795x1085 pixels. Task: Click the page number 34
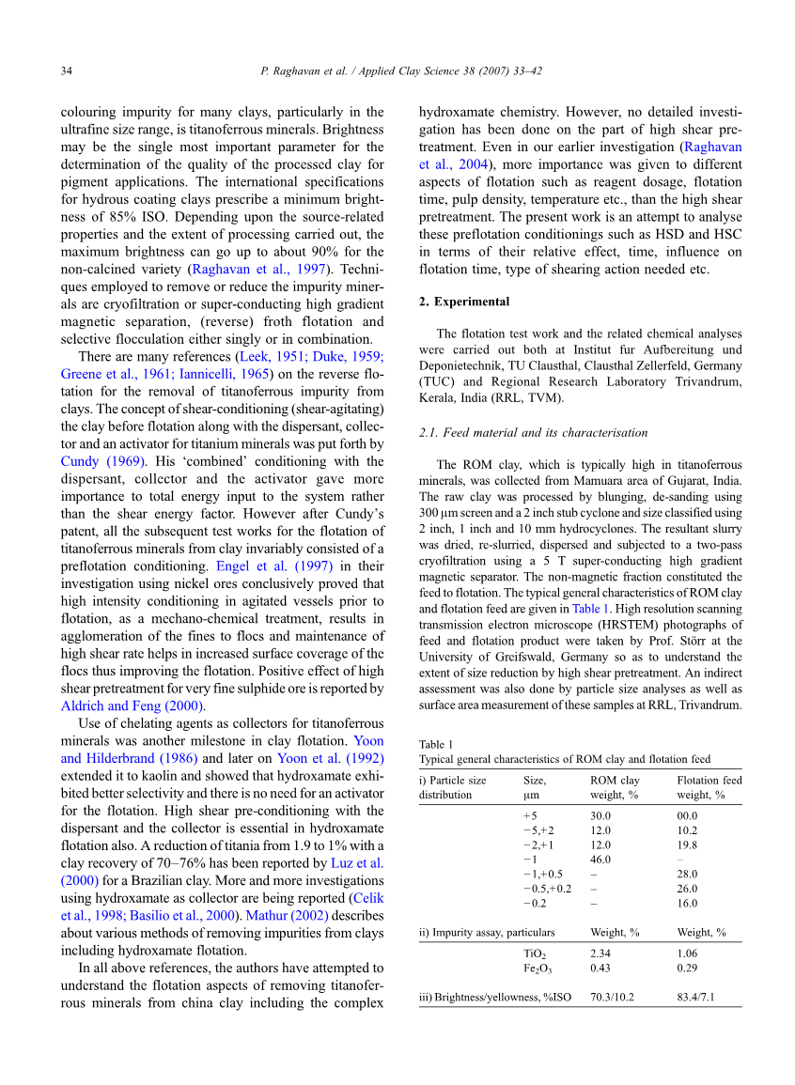[x=67, y=70]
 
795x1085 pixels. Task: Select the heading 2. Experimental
[x=464, y=302]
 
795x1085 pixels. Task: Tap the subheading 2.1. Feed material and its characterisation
[x=533, y=433]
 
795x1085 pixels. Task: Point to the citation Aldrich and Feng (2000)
[x=133, y=706]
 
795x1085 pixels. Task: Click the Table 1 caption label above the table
[x=436, y=744]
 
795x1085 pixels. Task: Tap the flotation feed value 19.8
[x=687, y=845]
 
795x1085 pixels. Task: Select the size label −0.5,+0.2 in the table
[x=547, y=888]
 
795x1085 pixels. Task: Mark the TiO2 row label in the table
[x=535, y=953]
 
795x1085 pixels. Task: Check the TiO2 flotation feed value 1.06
[x=687, y=953]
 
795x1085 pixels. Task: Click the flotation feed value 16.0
[x=687, y=903]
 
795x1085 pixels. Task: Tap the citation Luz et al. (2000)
[x=357, y=863]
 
